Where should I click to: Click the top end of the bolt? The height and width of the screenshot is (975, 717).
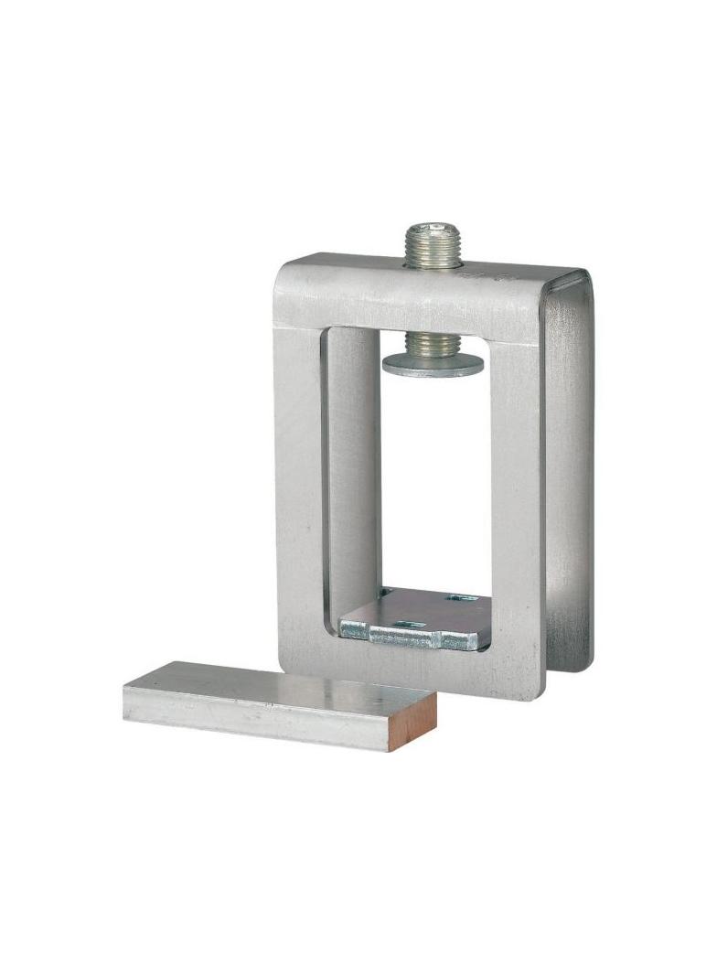tap(433, 226)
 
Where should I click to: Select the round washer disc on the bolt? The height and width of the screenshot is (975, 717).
tap(433, 363)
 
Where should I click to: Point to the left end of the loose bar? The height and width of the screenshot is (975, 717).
tap(128, 695)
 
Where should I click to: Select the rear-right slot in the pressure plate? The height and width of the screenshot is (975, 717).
tap(462, 598)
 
